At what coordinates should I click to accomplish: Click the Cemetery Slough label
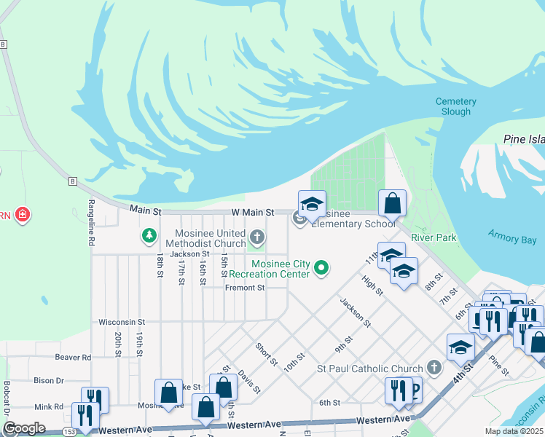coord(456,106)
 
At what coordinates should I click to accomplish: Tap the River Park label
coord(434,237)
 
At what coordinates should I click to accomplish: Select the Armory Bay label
coord(511,240)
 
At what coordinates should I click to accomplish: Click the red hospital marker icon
coord(23,215)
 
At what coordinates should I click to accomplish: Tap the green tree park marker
coord(149,235)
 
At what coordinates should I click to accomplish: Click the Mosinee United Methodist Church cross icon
coord(256,237)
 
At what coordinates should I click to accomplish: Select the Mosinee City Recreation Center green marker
coord(321,269)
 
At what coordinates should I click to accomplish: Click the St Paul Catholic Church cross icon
coord(435,368)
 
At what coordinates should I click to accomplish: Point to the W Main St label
coord(252,212)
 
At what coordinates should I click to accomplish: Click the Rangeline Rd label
coord(92,221)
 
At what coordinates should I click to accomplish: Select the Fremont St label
coord(244,288)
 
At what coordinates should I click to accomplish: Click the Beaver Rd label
coord(73,358)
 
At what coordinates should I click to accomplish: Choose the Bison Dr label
coord(49,380)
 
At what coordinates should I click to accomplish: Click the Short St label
coord(266,354)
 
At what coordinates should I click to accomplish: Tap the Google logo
coord(24,428)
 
